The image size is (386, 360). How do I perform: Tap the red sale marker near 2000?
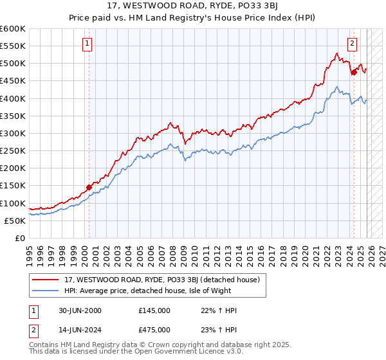pyautogui.click(x=89, y=188)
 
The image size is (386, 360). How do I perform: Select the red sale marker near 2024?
pyautogui.click(x=354, y=73)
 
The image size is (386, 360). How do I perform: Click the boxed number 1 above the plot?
pyautogui.click(x=87, y=44)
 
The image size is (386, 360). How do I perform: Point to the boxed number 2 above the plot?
pyautogui.click(x=353, y=44)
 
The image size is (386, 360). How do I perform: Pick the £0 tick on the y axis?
pyautogui.click(x=19, y=238)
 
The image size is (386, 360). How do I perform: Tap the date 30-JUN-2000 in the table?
pyautogui.click(x=79, y=310)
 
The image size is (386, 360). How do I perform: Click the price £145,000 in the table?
pyautogui.click(x=154, y=310)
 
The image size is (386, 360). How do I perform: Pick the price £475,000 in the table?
pyautogui.click(x=154, y=329)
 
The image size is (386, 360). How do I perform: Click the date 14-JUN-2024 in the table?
pyautogui.click(x=79, y=329)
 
